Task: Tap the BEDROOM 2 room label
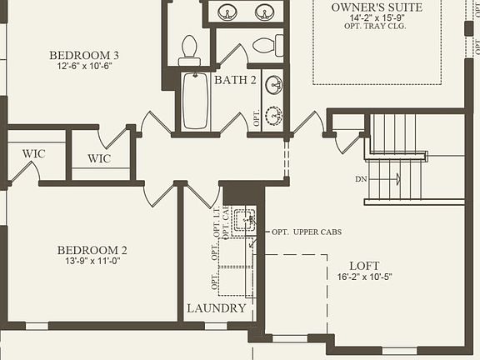click(x=92, y=250)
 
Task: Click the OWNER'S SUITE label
click(x=377, y=7)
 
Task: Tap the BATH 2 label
click(x=235, y=81)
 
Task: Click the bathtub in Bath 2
click(x=195, y=100)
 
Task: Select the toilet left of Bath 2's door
click(x=189, y=49)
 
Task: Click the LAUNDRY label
click(x=217, y=308)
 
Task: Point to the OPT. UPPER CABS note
click(x=307, y=231)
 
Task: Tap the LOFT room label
click(x=364, y=266)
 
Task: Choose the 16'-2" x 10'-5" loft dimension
click(x=364, y=277)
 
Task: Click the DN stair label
click(x=361, y=179)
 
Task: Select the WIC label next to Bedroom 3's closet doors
click(x=99, y=158)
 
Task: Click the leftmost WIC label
click(x=34, y=153)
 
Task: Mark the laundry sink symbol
click(x=243, y=221)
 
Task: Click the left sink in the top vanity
click(x=227, y=12)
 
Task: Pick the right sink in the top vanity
click(x=264, y=12)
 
